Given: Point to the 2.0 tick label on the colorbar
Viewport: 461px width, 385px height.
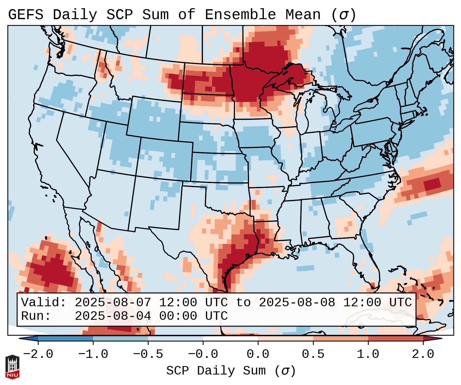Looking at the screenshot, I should [x=423, y=354].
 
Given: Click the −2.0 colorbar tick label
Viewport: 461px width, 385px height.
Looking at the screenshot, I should [x=38, y=354].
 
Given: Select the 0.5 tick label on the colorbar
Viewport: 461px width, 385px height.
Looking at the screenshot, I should [x=313, y=354].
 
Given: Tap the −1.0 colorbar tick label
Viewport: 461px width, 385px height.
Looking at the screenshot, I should [x=93, y=354].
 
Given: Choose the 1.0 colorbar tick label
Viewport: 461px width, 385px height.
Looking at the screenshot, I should [x=368, y=354].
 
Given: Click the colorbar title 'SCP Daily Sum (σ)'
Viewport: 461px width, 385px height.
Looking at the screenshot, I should [x=231, y=371].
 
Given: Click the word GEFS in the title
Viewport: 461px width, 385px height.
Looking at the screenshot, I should [x=26, y=15].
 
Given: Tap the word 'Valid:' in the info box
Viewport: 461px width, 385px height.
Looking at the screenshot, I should [x=44, y=302].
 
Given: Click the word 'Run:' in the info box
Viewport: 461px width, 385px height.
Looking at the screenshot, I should [x=36, y=316].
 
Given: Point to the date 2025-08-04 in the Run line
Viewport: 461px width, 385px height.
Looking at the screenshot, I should [x=113, y=316].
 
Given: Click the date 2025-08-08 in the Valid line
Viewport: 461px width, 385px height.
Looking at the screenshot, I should [x=297, y=302].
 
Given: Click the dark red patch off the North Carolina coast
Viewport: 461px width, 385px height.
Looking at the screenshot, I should [x=432, y=184].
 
